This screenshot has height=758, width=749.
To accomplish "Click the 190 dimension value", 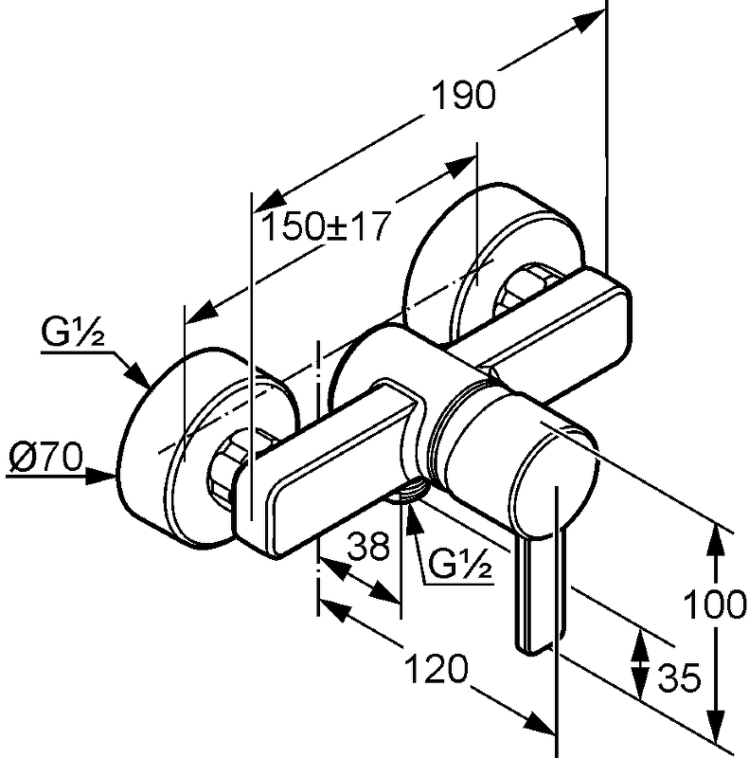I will tap(464, 98).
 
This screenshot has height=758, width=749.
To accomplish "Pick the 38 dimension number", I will tap(367, 547).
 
